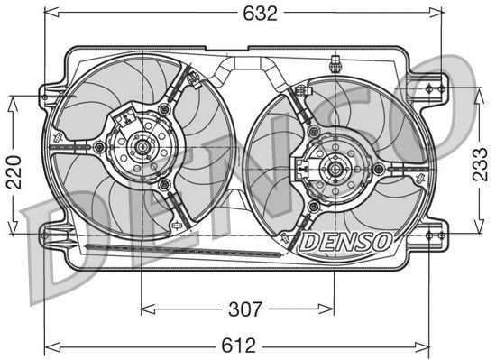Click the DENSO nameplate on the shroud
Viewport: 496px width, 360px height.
344,242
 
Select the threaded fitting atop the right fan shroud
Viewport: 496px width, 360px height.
335,65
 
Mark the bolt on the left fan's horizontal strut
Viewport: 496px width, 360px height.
97,145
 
